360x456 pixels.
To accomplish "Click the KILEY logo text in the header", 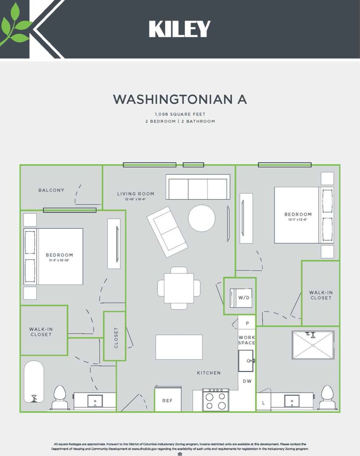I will click(x=180, y=29).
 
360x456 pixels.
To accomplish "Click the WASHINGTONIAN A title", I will click(x=180, y=99).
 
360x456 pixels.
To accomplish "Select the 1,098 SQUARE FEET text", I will click(x=180, y=114).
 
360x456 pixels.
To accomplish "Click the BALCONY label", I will click(x=51, y=190).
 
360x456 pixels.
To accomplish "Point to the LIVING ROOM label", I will click(x=136, y=194).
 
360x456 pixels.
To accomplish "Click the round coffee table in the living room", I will click(x=201, y=218).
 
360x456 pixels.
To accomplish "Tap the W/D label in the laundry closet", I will click(x=244, y=298).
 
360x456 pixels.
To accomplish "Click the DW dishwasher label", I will click(x=247, y=381).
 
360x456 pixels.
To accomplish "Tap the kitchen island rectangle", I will click(x=179, y=347).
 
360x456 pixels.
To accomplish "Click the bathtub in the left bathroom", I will click(x=34, y=382).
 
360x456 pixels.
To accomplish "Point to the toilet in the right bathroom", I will click(x=326, y=397).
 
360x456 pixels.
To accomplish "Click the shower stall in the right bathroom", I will click(x=313, y=345).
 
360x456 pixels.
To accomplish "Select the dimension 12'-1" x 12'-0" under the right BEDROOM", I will click(x=298, y=220).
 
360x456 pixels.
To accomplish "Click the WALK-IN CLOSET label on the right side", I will click(x=321, y=295).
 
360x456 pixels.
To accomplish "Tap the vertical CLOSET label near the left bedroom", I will click(x=116, y=338).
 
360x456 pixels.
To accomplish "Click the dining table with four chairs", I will click(x=179, y=288).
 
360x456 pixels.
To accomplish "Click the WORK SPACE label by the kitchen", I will click(x=247, y=340).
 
